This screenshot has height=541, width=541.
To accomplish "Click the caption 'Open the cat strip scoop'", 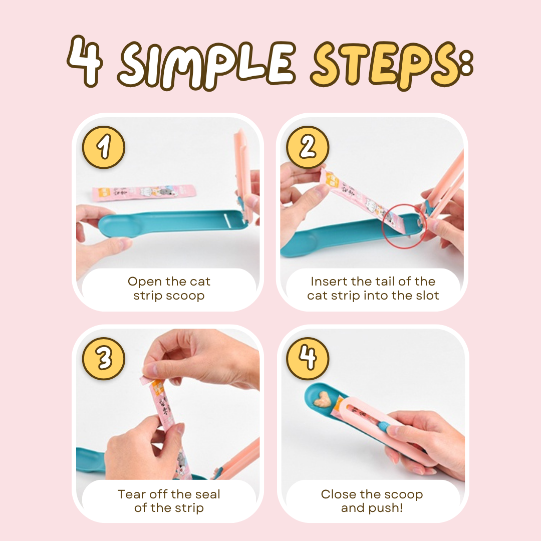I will [x=169, y=289].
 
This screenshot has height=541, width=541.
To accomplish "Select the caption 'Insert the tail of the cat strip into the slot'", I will [x=373, y=289].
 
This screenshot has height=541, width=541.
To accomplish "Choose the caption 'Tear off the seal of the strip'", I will [x=169, y=501].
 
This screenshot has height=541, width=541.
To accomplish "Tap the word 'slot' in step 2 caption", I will [x=425, y=296].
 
